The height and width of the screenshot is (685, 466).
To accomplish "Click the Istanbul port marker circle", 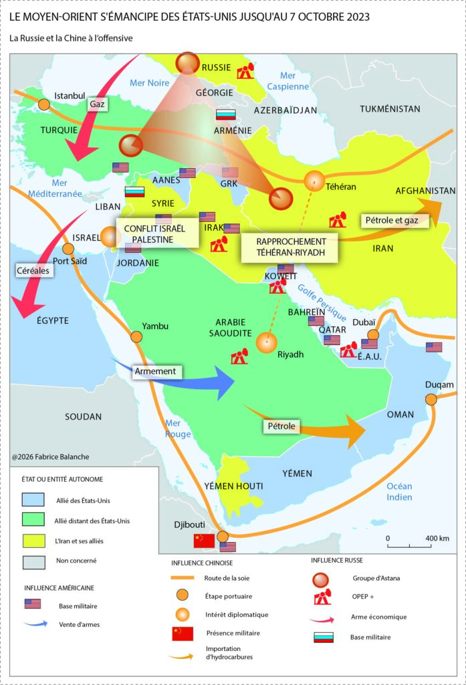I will (44, 104).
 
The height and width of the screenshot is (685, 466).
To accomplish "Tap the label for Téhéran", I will (342, 187).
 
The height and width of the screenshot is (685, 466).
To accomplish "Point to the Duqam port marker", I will (431, 399).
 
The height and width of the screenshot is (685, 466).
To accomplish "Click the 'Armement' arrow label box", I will (155, 371).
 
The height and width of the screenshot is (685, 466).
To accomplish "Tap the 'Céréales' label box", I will (33, 270).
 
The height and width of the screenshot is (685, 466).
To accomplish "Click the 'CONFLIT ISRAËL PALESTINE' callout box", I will (158, 233).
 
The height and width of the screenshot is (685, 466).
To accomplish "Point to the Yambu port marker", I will (137, 337).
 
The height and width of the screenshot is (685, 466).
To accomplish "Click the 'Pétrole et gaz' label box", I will (394, 221).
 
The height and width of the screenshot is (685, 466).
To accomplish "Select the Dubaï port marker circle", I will (373, 334).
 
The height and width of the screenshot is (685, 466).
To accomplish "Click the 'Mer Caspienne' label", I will (287, 81).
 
